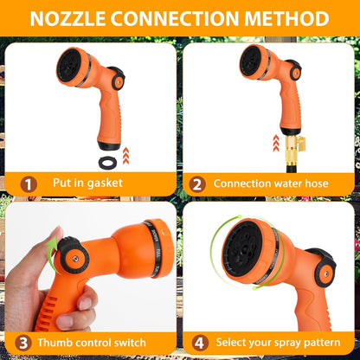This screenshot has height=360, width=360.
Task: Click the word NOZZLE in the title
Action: pyautogui.click(x=73, y=18)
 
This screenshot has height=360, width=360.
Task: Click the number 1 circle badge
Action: pyautogui.click(x=29, y=183)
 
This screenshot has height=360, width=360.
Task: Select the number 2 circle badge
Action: pyautogui.click(x=196, y=183)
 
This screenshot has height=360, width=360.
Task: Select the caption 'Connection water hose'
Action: pyautogui.click(x=272, y=183)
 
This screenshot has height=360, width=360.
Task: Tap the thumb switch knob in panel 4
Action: pyautogui.click(x=325, y=267)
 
